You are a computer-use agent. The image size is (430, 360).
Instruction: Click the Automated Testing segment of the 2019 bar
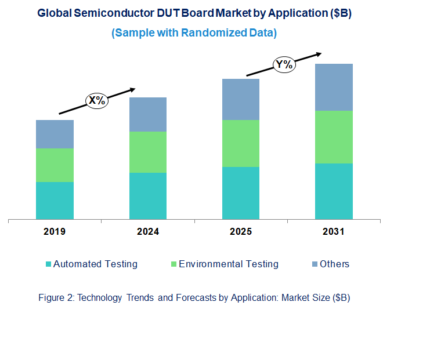[55, 201]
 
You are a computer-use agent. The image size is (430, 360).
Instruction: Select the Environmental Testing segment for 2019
[55, 165]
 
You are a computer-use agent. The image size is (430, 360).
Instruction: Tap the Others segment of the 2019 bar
[55, 134]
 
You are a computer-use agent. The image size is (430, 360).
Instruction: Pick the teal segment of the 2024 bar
[147, 196]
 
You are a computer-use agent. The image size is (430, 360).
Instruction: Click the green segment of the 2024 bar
[147, 152]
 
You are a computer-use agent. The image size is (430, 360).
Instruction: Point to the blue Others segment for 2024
[147, 114]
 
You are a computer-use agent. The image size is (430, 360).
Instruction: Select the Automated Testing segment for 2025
[240, 193]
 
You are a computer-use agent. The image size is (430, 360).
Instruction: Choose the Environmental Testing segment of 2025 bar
[240, 143]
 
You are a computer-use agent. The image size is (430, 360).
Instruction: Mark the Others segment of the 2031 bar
[334, 87]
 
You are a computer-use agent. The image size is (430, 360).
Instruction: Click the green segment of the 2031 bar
[334, 137]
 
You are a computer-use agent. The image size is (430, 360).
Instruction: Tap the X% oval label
[97, 100]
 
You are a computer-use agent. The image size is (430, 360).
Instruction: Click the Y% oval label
[284, 64]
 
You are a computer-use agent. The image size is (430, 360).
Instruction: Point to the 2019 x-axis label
[55, 232]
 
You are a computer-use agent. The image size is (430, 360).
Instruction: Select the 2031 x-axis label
[334, 232]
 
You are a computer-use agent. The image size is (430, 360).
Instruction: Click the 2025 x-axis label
[240, 232]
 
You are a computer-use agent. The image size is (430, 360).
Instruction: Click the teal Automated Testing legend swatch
[48, 265]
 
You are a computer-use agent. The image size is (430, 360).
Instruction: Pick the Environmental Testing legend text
[229, 264]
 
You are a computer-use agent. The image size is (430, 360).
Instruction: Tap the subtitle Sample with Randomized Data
[194, 33]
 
